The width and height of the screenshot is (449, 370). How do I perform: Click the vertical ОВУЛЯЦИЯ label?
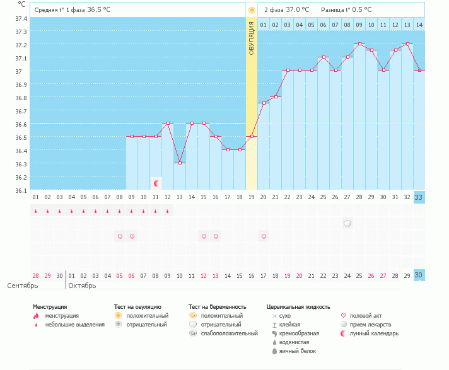tap(251, 38)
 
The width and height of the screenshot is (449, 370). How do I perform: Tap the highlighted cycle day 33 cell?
tap(419, 197)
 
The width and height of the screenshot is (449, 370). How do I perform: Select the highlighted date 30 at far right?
tap(419, 275)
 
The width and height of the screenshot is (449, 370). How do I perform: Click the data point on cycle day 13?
tap(180, 163)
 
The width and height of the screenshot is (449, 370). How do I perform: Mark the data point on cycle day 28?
tap(359, 44)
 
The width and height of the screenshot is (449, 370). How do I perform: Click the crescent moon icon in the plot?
tap(156, 183)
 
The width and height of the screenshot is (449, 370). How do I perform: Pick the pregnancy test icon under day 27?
tap(347, 223)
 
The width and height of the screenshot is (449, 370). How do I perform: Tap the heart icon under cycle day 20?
tap(264, 236)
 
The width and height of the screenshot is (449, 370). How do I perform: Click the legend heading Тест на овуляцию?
tap(137, 307)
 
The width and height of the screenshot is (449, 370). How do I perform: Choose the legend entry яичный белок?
tap(298, 351)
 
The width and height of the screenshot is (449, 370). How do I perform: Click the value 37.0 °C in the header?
tap(297, 9)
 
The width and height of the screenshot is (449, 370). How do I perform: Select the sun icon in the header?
tap(252, 10)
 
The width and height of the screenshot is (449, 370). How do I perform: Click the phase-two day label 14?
tap(419, 25)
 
